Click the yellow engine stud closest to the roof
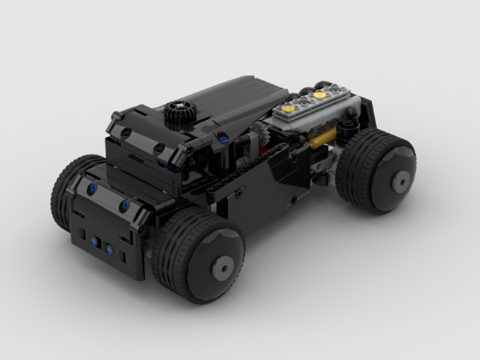point(292,103)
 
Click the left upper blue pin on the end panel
point(93,189)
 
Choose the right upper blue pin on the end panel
point(125,206)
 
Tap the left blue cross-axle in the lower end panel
point(95,241)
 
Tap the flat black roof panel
point(216,100)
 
